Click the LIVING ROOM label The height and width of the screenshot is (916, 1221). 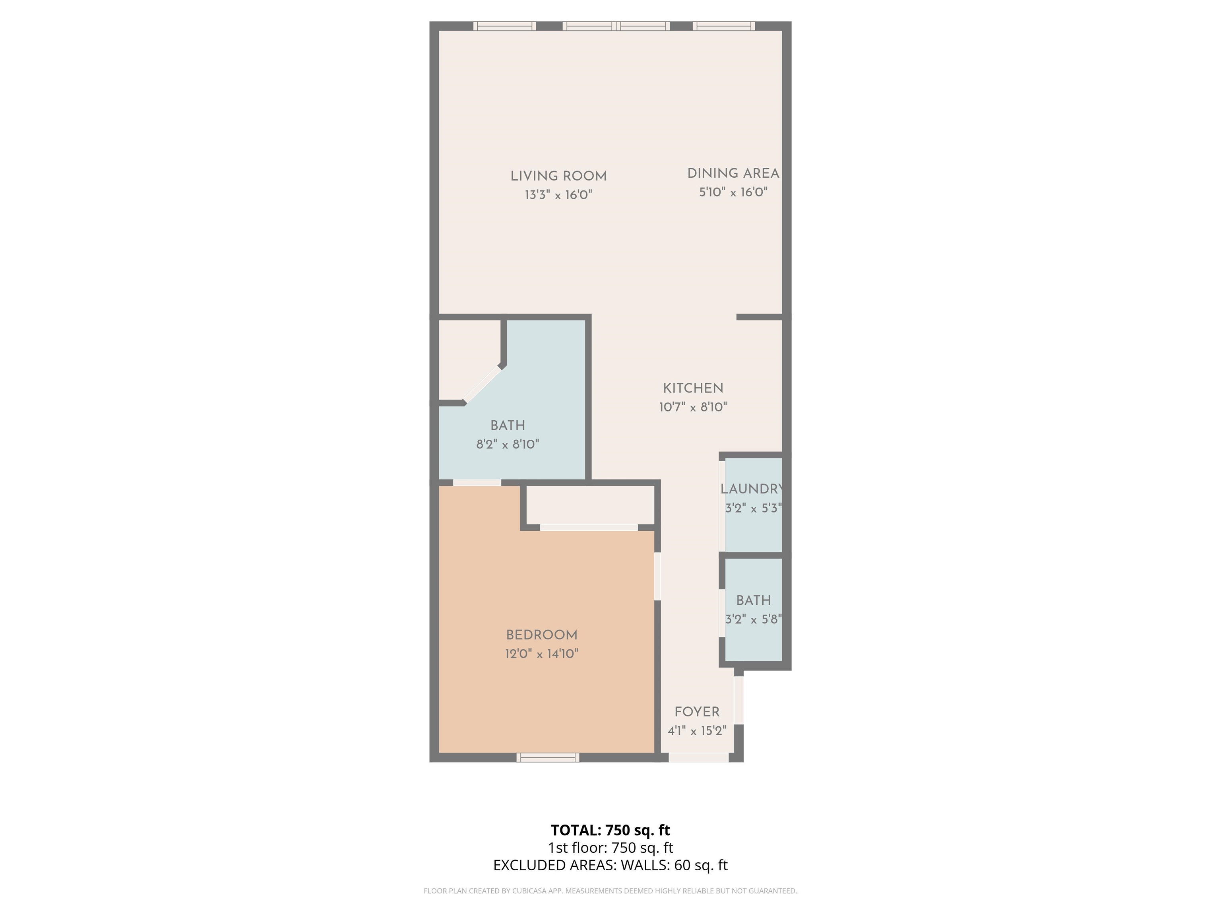(x=558, y=177)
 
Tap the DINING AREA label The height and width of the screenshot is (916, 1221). (x=733, y=173)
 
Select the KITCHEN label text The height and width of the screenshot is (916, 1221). (x=693, y=388)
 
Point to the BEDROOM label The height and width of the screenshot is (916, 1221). (x=541, y=635)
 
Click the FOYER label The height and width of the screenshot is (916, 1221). (x=697, y=712)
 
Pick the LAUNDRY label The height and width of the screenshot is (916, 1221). (x=752, y=489)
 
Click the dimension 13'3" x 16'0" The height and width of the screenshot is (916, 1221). (x=558, y=195)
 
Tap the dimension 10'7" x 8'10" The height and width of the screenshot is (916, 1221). (x=693, y=407)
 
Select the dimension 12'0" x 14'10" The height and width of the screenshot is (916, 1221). (x=541, y=654)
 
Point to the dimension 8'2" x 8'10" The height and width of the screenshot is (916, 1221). (x=507, y=444)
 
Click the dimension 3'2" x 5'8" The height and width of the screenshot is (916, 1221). (x=754, y=619)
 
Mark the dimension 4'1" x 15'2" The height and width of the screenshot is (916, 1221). (x=697, y=730)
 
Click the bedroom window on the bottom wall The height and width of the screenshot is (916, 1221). (x=548, y=757)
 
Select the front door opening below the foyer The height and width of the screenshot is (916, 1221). (x=698, y=757)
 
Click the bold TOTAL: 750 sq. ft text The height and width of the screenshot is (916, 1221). (x=610, y=830)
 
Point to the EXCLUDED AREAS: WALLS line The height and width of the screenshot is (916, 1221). (x=610, y=865)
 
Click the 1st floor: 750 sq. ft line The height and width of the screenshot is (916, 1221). (x=610, y=848)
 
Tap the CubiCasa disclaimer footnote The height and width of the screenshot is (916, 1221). (x=610, y=891)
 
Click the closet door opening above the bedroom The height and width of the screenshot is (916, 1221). (x=589, y=528)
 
